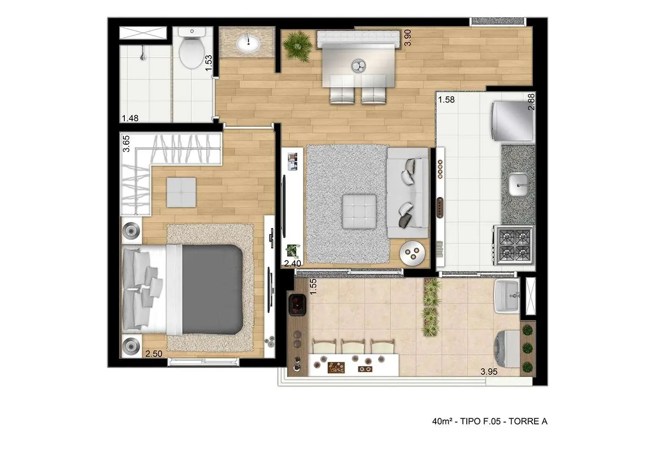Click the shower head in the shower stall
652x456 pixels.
coord(142,55)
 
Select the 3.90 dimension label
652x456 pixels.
coord(407,38)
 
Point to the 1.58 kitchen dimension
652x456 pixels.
coord(446,99)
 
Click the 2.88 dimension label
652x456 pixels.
coord(531,102)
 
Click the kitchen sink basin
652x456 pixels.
coord(518,184)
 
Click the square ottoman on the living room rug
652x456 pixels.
coord(359,211)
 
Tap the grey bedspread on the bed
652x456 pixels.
coord(212,289)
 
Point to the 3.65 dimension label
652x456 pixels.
coord(126,143)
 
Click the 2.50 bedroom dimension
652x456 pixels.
coord(153,354)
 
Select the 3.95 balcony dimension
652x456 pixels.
coord(489,372)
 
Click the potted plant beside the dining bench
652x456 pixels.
coord(297,44)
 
